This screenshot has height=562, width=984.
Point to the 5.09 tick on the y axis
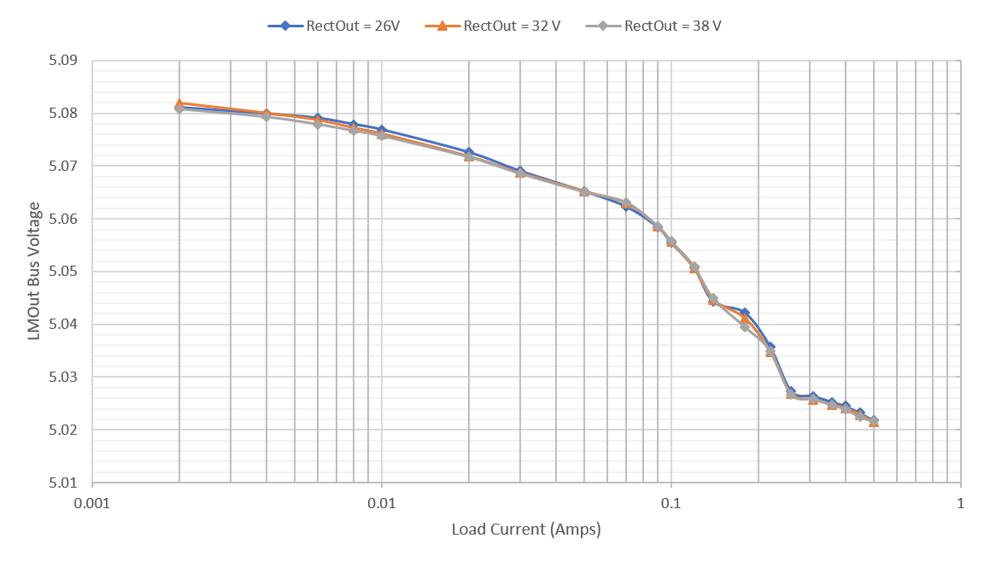pos(64,61)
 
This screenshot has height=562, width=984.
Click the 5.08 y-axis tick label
pos(64,114)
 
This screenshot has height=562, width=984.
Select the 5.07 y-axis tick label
pos(64,166)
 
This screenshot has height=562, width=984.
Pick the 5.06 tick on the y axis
pos(64,219)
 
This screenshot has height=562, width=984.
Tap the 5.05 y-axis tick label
pos(64,272)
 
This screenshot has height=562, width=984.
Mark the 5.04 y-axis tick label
pos(64,324)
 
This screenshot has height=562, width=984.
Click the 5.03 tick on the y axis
pos(64,377)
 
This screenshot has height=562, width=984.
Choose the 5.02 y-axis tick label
pos(64,430)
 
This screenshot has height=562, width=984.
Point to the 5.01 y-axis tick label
pos(64,482)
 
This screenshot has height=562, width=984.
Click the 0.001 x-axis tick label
pos(92,503)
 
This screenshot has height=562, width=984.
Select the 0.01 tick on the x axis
pos(382,503)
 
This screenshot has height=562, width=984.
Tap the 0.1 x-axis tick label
pos(671,503)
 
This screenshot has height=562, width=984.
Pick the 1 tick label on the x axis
pos(961,503)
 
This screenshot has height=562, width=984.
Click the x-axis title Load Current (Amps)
pos(526,530)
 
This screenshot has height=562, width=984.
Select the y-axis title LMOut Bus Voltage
pos(34,271)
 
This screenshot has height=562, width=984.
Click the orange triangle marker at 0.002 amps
pos(179,103)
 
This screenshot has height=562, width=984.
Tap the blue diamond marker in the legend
pos(285,26)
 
